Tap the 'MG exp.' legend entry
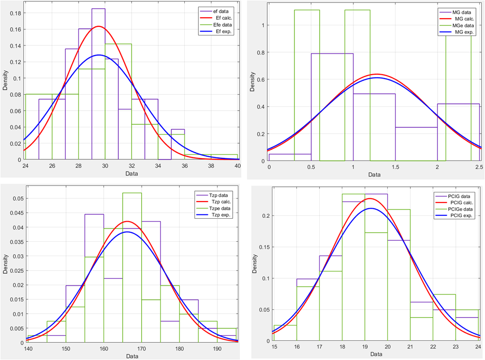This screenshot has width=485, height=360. (x=462, y=32)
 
